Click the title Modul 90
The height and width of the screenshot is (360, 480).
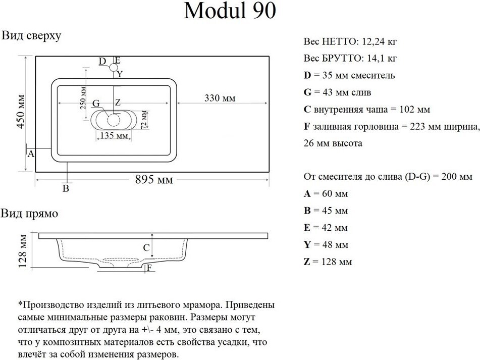pos(230,11)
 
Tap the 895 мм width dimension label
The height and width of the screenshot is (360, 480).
pos(154,180)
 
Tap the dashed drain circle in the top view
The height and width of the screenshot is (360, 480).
pos(114,120)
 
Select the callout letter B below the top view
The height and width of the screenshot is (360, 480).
pos(65,189)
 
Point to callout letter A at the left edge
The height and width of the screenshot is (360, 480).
pos(30,154)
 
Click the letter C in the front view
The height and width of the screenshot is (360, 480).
pos(146,248)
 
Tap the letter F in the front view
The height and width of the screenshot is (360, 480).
pos(149,269)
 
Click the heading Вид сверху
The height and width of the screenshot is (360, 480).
pos(31,36)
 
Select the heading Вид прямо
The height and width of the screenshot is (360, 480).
pos(29,214)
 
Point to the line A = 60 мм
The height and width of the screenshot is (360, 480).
pos(326,193)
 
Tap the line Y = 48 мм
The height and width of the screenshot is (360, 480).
pos(326,245)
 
